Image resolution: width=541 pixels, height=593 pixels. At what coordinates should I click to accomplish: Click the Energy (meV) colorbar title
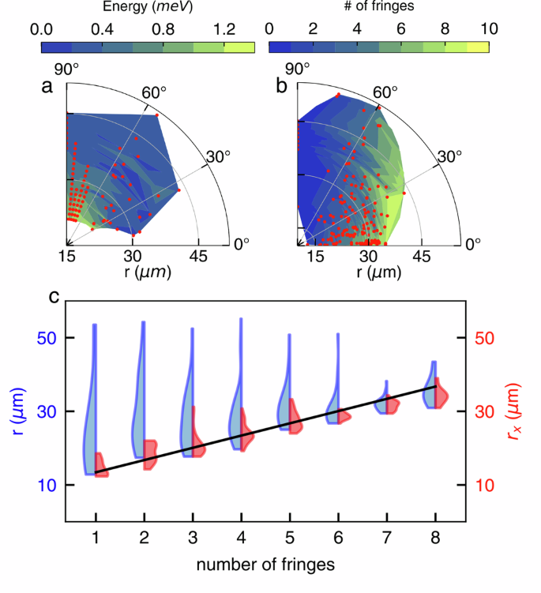coord(147,8)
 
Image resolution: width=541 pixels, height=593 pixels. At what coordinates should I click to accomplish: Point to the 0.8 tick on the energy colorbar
coord(163,29)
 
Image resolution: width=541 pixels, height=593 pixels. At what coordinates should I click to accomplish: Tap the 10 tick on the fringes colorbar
coord(489,29)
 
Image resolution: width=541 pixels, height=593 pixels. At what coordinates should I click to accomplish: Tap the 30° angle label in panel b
coord(449,156)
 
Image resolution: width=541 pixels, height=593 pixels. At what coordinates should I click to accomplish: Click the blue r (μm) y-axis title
coord(16,411)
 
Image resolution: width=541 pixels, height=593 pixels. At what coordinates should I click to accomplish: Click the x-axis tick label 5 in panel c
coord(290,538)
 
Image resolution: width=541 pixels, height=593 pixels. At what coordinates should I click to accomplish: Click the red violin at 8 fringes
coord(441,395)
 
